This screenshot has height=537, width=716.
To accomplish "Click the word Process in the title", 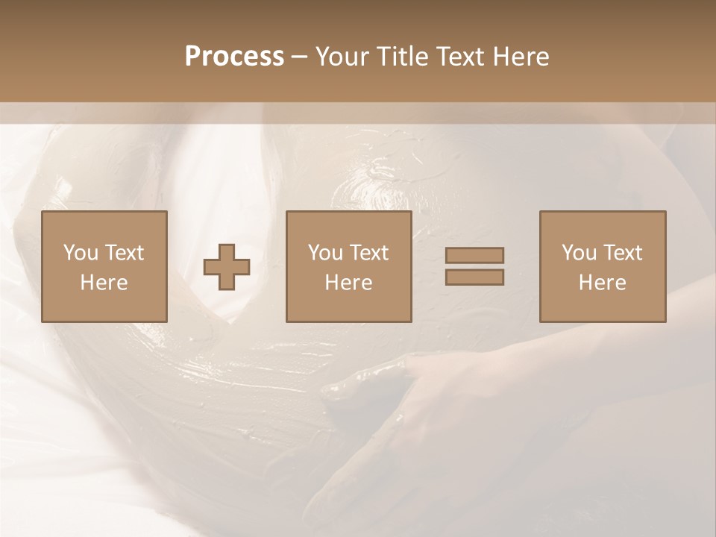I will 234,57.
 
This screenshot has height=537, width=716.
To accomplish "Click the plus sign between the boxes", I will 227,267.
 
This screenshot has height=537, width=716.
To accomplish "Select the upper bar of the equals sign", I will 474,255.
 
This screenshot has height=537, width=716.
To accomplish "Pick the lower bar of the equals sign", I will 474,277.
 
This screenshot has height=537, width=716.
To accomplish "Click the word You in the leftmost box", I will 81,253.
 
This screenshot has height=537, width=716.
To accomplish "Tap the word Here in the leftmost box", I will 104,283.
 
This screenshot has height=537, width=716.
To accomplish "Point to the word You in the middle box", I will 326,253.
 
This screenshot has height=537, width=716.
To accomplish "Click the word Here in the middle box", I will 348,283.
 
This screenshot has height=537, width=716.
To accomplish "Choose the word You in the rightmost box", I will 580,253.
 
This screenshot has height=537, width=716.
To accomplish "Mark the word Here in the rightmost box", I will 602,283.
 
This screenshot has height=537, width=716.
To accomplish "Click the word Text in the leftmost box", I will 125,253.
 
